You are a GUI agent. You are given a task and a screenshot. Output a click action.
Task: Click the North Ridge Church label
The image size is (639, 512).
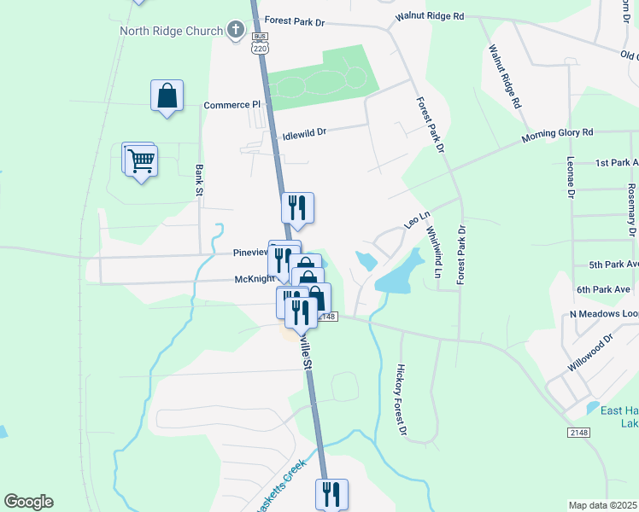(x=170, y=32)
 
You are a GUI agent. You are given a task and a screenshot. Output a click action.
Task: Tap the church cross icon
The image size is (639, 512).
(x=236, y=31)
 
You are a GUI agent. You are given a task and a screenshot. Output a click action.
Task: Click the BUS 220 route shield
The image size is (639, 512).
(x=260, y=42)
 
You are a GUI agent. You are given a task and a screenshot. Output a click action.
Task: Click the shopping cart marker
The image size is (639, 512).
(x=141, y=160)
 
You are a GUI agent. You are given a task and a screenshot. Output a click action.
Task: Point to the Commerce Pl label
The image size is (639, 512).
(x=231, y=105)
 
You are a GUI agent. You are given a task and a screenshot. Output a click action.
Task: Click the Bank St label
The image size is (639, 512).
(x=199, y=179)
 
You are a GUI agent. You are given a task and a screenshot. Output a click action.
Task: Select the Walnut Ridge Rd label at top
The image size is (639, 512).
(x=429, y=16)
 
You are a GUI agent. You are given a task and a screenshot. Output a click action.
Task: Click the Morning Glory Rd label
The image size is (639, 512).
(x=557, y=135)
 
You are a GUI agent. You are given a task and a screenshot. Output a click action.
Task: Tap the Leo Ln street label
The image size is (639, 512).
(x=415, y=220)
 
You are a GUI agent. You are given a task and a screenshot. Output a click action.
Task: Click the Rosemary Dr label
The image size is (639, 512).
(x=631, y=210)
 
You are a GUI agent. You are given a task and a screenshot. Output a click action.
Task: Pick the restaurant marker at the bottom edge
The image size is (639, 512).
(x=331, y=494)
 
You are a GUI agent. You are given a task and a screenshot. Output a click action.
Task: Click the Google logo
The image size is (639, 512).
(x=28, y=502)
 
